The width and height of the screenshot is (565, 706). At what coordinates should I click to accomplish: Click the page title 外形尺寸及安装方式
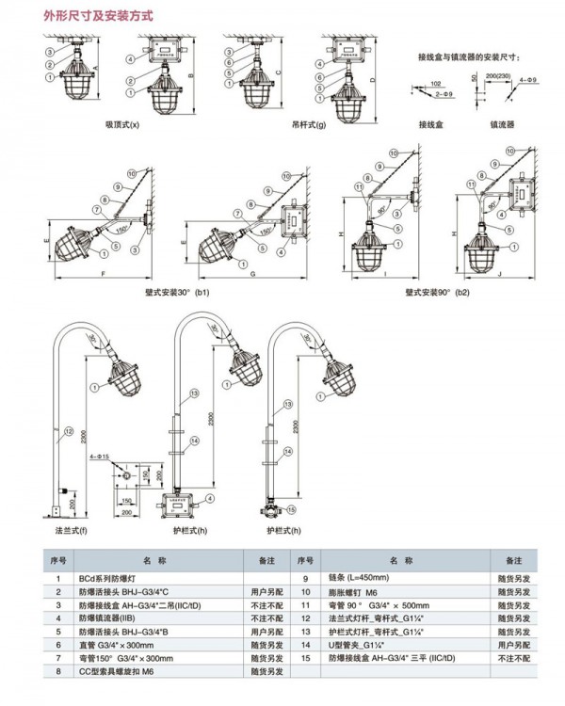97,17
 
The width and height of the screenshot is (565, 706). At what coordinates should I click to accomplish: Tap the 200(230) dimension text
498,72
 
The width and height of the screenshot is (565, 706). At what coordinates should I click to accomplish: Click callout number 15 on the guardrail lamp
290,509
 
